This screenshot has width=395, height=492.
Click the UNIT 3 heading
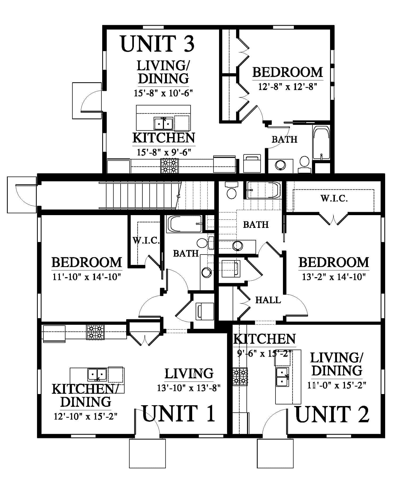coord(158,44)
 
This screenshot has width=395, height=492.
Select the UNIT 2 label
coord(332,414)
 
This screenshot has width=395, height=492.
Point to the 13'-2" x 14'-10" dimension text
coord(334,277)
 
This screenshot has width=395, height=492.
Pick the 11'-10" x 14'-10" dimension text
coord(87,277)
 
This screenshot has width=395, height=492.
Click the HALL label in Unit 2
coord(268,300)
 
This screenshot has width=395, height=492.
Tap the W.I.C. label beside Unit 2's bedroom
coord(334,198)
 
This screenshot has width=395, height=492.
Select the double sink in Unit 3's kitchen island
coord(163,123)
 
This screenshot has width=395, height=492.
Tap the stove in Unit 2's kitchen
coord(240,376)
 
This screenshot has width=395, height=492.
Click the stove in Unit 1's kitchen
coord(95,332)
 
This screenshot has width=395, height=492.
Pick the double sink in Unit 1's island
coord(97,375)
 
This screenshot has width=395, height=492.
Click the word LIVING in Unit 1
coord(189,373)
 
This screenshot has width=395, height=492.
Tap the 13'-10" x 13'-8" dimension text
coord(189,388)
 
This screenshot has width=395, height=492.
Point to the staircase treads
coord(138,195)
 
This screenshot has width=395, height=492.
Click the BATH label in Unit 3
coord(284,139)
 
